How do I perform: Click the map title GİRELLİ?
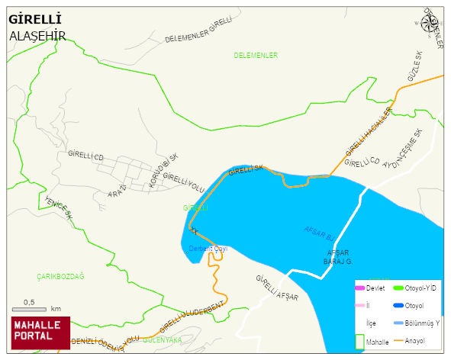tap(35, 19)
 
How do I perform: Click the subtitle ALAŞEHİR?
tap(37, 36)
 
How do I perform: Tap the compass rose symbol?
tap(430, 23)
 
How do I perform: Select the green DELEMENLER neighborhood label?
tap(256, 56)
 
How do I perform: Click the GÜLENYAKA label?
tap(162, 339)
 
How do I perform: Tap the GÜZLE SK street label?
tap(414, 68)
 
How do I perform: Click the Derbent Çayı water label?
tap(208, 249)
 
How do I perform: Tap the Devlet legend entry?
tap(369, 288)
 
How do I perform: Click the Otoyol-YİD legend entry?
tap(417, 288)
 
